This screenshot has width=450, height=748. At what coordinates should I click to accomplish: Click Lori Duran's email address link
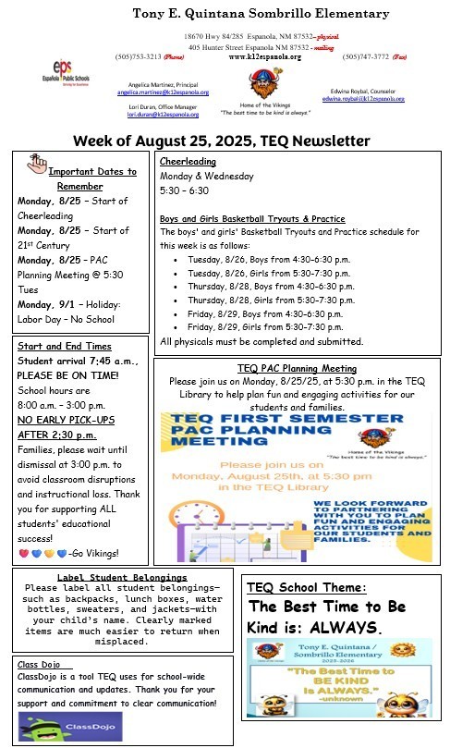159,115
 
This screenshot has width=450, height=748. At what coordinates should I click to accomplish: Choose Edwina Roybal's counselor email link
363,98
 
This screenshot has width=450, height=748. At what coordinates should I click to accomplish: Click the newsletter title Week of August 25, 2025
223,141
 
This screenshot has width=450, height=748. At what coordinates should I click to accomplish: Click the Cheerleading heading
189,161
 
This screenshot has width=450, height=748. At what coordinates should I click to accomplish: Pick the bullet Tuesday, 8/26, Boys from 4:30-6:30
263,261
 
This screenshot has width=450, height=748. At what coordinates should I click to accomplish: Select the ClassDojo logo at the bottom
55,726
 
